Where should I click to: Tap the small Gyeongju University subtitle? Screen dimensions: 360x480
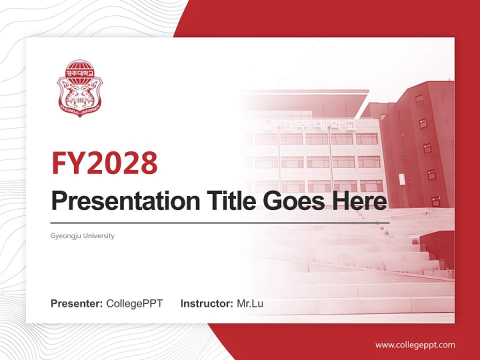pyautogui.click(x=82, y=235)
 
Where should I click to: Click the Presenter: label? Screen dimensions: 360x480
pyautogui.click(x=77, y=303)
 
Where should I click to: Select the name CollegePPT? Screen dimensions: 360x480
pyautogui.click(x=134, y=303)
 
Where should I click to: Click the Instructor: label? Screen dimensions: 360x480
pyautogui.click(x=206, y=303)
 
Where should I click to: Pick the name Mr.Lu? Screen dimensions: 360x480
pyautogui.click(x=250, y=303)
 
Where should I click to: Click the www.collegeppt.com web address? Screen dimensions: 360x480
pyautogui.click(x=415, y=344)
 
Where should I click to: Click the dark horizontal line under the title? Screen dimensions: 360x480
pyautogui.click(x=220, y=223)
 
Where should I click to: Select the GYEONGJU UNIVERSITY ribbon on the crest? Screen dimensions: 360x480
pyautogui.click(x=79, y=109)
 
